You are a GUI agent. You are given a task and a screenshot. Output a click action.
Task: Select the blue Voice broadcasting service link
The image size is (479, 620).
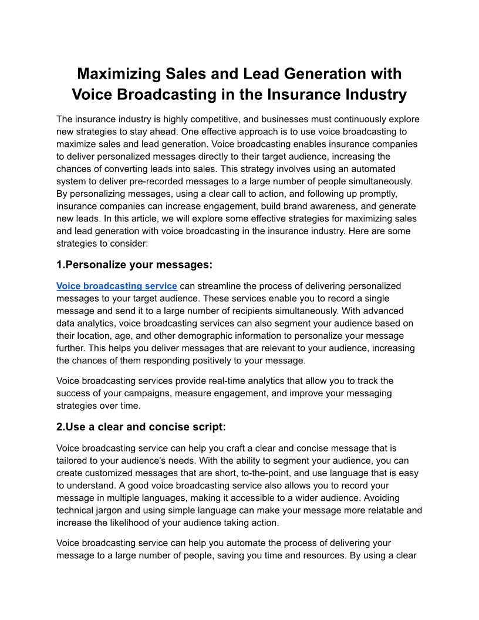[x=117, y=286]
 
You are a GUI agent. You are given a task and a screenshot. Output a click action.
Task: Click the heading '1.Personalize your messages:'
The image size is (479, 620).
[x=134, y=265]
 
